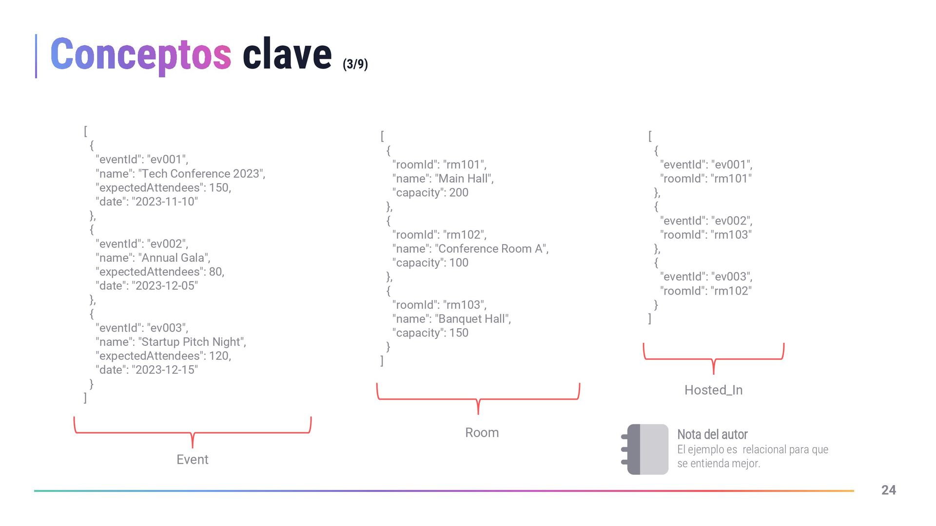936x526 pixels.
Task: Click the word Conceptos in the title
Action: tap(140, 55)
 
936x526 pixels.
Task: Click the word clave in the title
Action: tap(287, 55)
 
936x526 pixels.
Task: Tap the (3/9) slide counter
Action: tap(355, 64)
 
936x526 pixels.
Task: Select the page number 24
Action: tap(888, 490)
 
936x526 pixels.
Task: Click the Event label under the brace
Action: tap(192, 459)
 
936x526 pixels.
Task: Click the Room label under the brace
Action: tap(482, 432)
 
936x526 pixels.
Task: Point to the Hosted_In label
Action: tap(713, 390)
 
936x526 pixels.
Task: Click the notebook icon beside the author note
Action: tap(645, 449)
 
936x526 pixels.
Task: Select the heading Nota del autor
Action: tap(712, 434)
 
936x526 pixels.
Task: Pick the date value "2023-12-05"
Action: tap(165, 286)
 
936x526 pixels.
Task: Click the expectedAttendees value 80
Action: tap(215, 272)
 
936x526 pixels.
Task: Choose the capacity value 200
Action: tap(458, 193)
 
